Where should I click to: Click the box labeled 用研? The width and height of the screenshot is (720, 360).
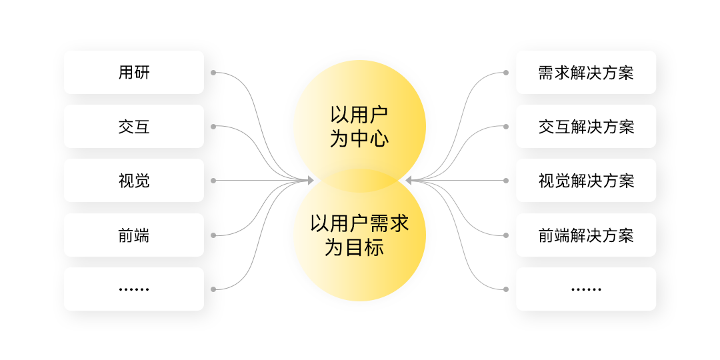134,72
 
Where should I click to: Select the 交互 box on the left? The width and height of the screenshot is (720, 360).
134,126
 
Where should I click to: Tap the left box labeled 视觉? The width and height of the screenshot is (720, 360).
134,180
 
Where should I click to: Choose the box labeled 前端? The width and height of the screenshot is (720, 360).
134,235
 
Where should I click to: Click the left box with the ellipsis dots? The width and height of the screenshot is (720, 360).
134,289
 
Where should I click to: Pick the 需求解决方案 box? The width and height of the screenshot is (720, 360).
586,72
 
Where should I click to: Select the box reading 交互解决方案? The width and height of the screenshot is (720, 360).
586,126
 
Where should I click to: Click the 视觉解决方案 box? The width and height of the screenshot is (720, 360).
586,180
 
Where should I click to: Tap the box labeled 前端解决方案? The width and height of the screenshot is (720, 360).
586,235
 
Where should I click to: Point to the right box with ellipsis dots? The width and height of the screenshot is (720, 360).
586,289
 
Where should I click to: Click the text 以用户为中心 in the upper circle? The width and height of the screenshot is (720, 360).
359,126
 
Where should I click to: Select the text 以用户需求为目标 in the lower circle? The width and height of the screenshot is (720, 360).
359,235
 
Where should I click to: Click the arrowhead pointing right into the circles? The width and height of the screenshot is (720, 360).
310,180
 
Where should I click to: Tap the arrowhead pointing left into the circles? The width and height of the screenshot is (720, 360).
409,180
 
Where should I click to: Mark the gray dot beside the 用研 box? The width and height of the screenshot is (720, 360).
213,72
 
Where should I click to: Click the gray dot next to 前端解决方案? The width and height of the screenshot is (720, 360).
506,235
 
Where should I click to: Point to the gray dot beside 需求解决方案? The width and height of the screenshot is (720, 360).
506,72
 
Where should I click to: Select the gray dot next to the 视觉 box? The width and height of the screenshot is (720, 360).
213,180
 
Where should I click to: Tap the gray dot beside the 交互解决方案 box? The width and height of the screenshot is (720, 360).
506,126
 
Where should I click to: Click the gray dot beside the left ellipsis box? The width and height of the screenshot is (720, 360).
213,289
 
